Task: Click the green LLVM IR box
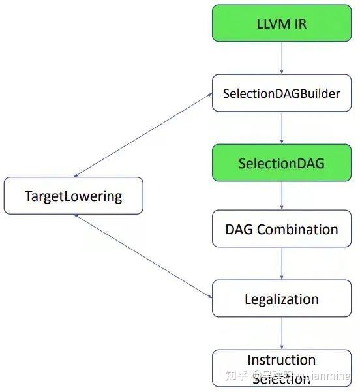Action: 282,24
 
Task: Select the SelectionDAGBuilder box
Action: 282,93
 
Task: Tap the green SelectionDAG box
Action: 282,162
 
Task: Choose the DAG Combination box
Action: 282,230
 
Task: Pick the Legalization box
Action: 282,299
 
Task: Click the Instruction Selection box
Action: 282,368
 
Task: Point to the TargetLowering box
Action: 73,196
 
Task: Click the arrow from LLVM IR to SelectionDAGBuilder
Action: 282,59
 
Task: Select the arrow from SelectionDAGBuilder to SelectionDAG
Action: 282,128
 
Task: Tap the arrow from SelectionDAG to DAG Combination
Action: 282,196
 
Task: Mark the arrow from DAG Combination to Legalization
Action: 282,264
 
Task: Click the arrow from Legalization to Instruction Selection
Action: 282,333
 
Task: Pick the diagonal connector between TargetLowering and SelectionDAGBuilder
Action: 143,135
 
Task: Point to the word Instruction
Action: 282,360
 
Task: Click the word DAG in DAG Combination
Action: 239,230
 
